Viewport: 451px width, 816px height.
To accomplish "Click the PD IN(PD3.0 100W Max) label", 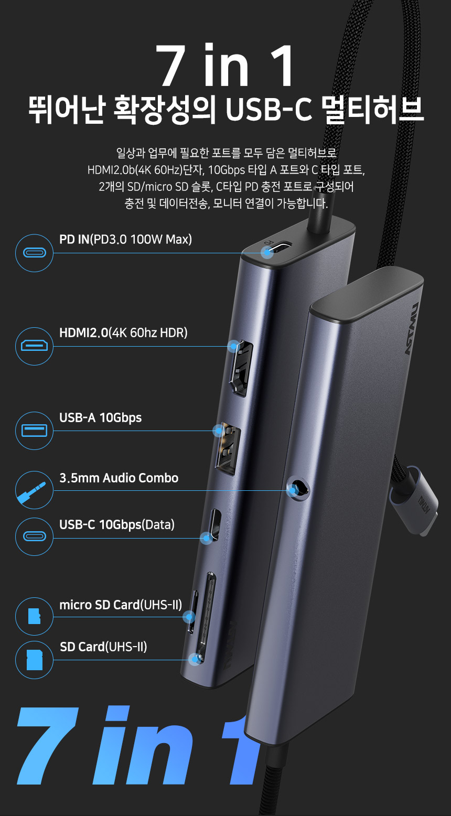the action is (126, 239).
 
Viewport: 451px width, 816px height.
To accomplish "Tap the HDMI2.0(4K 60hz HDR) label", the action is (123, 332).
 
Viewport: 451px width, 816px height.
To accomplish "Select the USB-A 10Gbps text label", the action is (101, 418).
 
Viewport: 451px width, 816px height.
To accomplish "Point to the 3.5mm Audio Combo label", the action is (119, 478).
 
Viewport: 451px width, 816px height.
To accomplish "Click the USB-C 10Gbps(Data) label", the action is (117, 524).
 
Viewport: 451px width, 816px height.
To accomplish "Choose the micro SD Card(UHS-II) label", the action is (121, 605).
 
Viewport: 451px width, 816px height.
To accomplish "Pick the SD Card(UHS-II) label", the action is (103, 647).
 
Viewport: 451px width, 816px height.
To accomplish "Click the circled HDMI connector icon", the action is (34, 346).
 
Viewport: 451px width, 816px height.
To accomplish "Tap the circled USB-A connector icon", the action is (34, 431).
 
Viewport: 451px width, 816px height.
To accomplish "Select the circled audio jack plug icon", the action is (34, 490).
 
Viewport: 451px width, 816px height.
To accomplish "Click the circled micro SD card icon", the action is (34, 616).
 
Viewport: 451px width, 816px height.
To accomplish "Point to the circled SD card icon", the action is (34, 660).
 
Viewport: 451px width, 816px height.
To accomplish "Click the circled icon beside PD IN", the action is (34, 253).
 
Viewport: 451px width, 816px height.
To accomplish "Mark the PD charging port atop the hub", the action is (277, 248).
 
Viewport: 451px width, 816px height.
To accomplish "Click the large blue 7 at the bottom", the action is (48, 745).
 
